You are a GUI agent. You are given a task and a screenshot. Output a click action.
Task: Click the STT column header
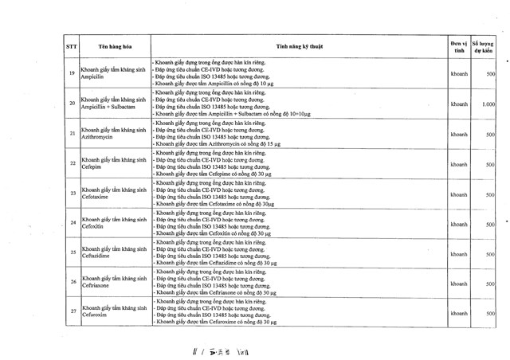pyautogui.click(x=71, y=47)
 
